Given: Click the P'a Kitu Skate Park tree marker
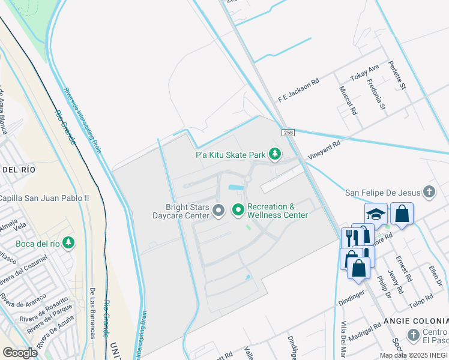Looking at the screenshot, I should pyautogui.click(x=275, y=155).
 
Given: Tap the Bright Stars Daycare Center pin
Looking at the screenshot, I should pyautogui.click(x=219, y=210).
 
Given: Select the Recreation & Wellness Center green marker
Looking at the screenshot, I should pyautogui.click(x=238, y=210).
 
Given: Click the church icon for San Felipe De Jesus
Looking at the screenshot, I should pyautogui.click(x=429, y=193).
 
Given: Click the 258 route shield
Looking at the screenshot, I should pyautogui.click(x=287, y=131).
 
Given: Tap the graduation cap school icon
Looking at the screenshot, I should pyautogui.click(x=375, y=214).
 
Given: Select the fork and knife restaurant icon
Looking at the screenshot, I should pyautogui.click(x=353, y=238).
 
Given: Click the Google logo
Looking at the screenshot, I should pyautogui.click(x=20, y=352).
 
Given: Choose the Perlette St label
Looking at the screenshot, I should pyautogui.click(x=397, y=76).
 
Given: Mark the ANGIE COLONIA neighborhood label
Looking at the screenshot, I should pyautogui.click(x=417, y=321).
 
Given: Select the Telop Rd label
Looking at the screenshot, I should pyautogui.click(x=421, y=298).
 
